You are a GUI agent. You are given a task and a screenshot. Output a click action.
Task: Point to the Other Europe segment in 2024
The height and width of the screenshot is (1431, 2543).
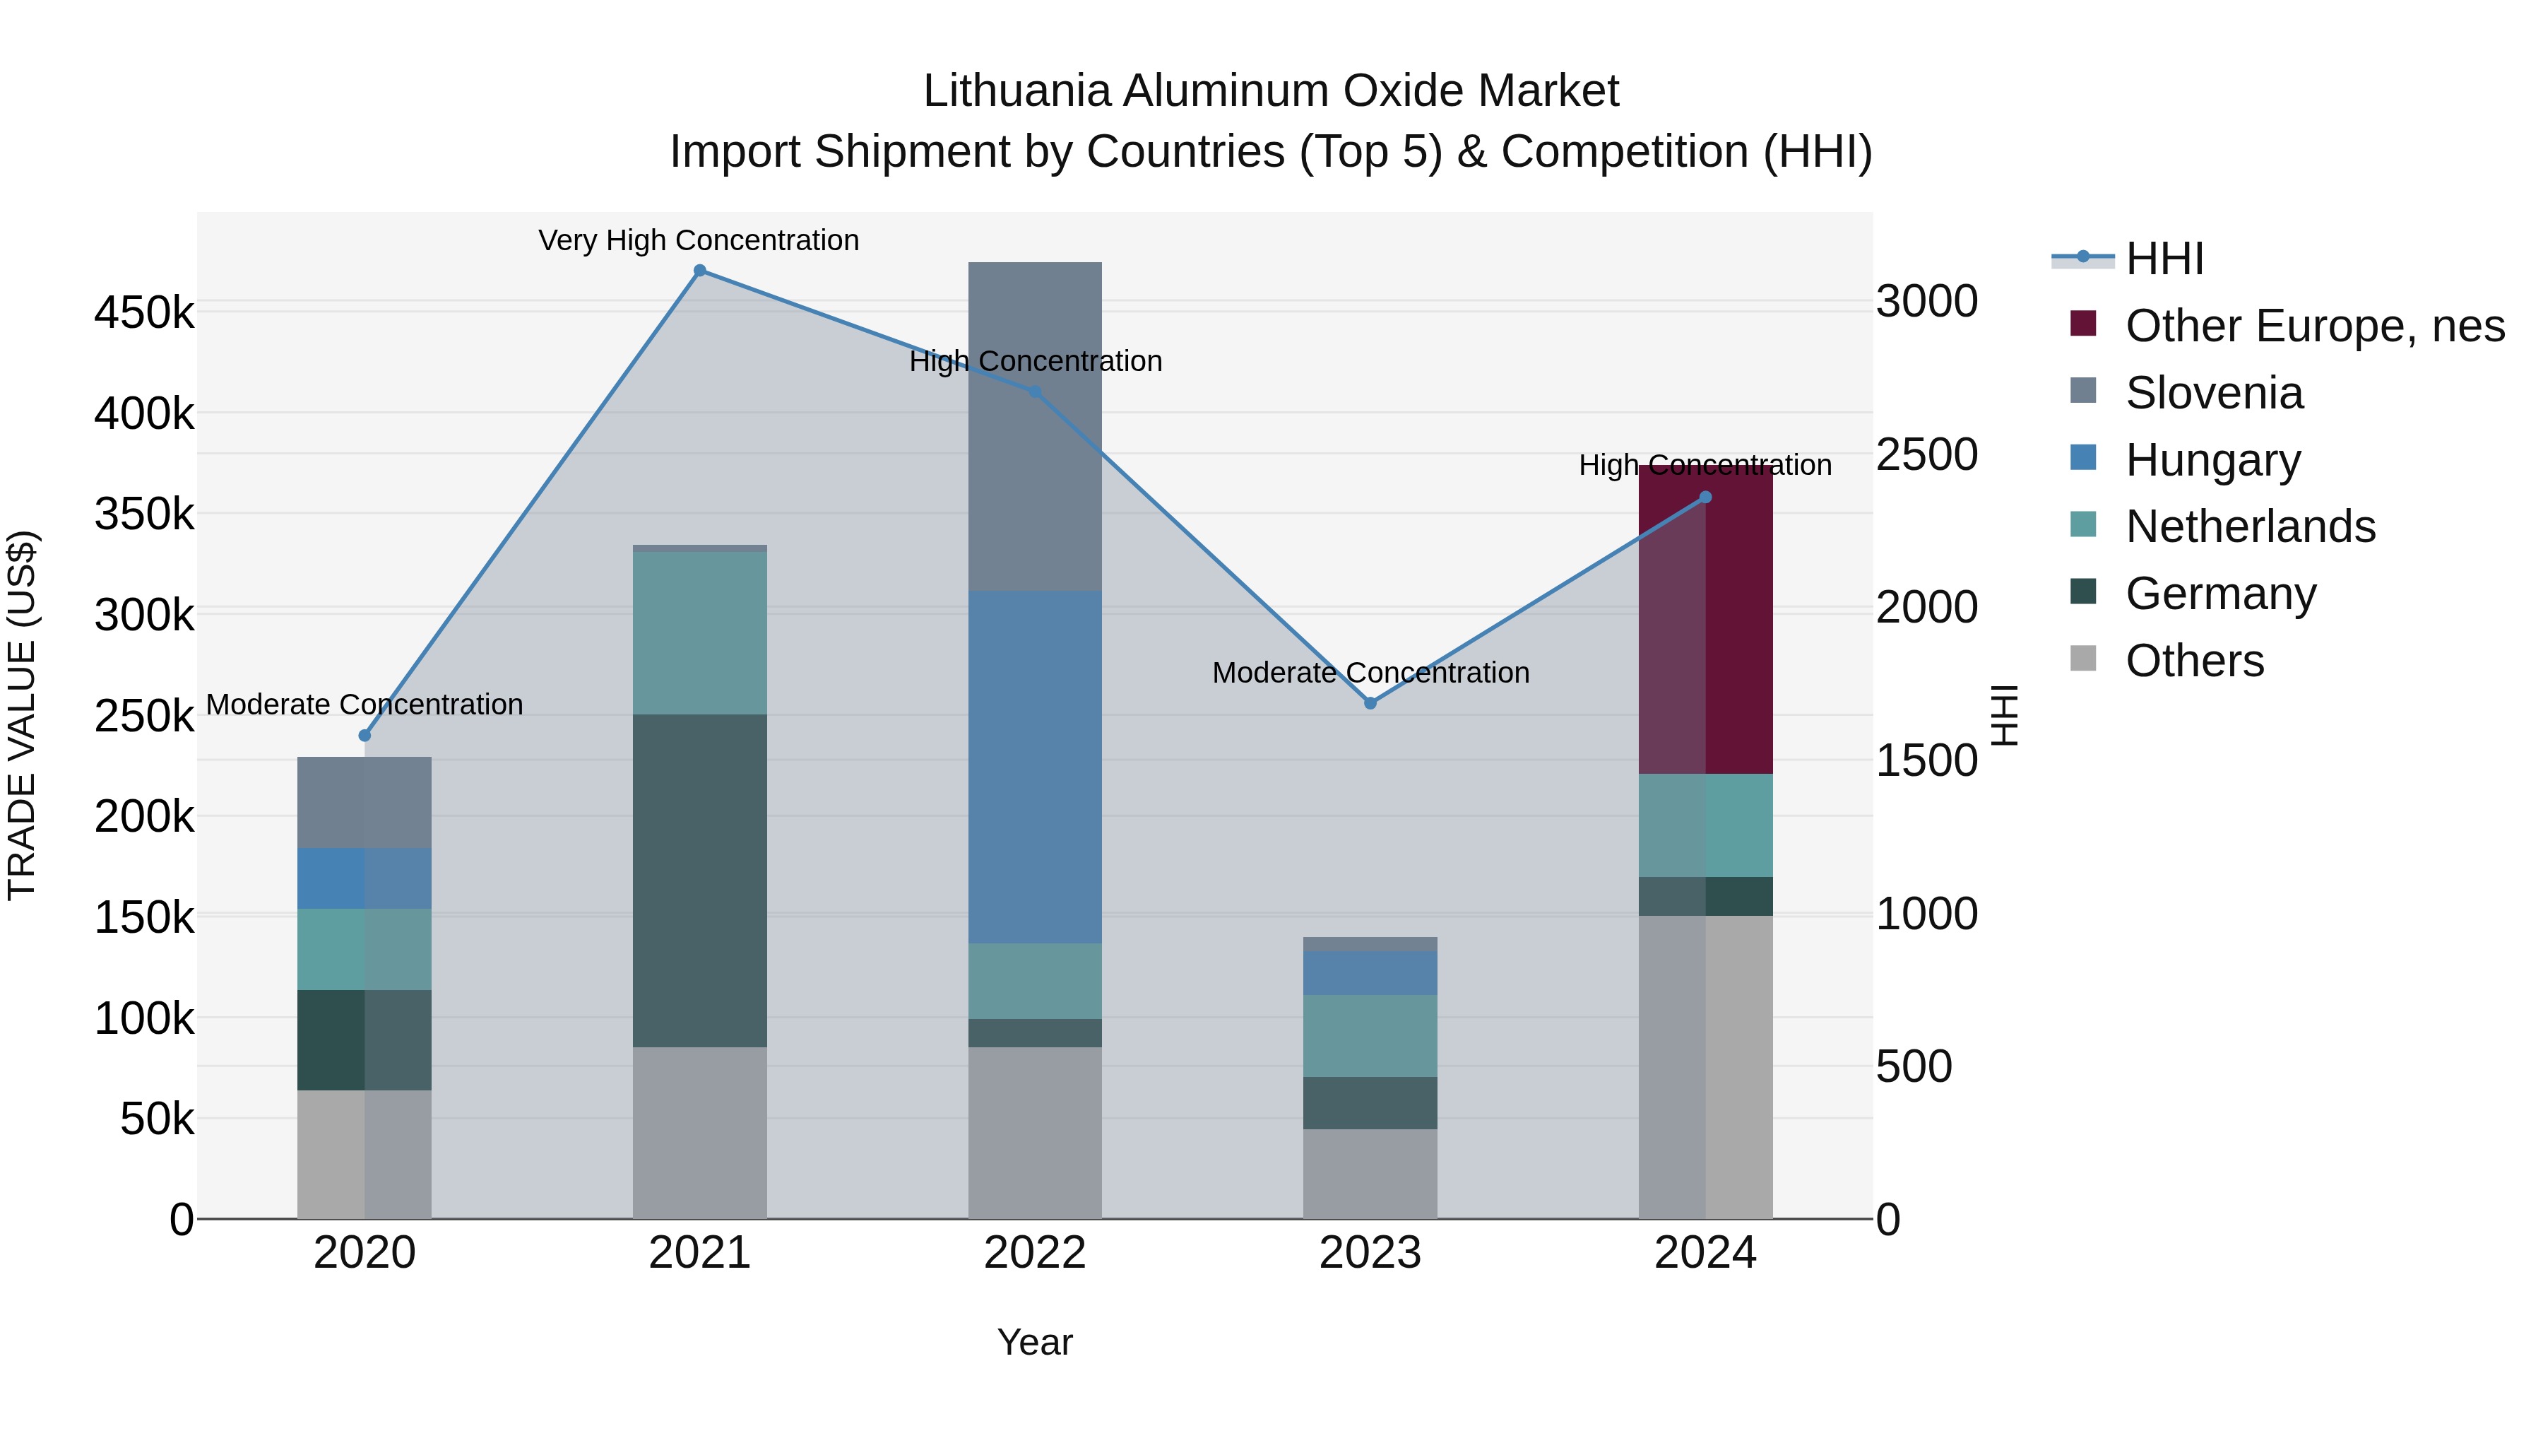tap(1705, 620)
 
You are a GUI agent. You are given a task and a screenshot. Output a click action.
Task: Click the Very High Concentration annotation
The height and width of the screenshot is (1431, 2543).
tap(698, 240)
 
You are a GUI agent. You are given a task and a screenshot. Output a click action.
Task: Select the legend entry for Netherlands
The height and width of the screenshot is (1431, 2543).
tap(2250, 526)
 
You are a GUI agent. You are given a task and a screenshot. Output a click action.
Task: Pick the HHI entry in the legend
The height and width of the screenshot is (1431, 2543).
tap(2163, 259)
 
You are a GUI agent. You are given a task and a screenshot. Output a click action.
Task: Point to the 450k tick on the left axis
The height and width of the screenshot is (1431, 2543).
tap(144, 313)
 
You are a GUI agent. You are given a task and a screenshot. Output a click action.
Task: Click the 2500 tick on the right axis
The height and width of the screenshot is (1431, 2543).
tap(1926, 454)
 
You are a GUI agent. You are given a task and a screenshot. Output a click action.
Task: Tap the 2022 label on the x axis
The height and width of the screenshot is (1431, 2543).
tap(1035, 1253)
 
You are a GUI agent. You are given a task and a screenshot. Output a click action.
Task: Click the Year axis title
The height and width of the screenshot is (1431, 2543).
tap(1035, 1342)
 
